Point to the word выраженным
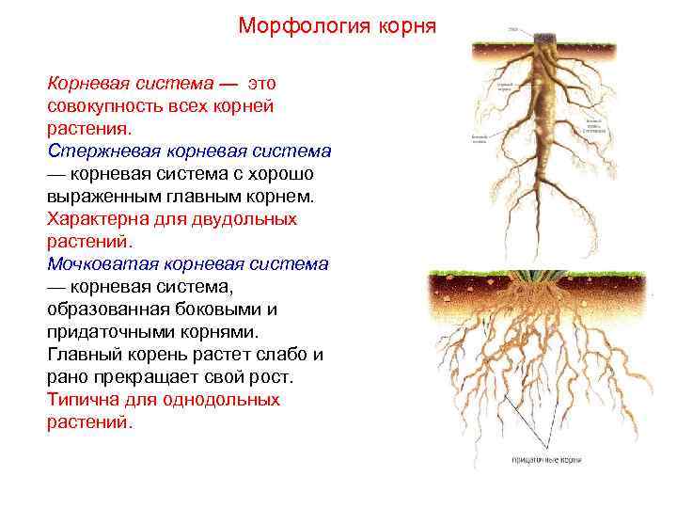click(x=102, y=197)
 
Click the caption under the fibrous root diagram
click(x=546, y=459)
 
